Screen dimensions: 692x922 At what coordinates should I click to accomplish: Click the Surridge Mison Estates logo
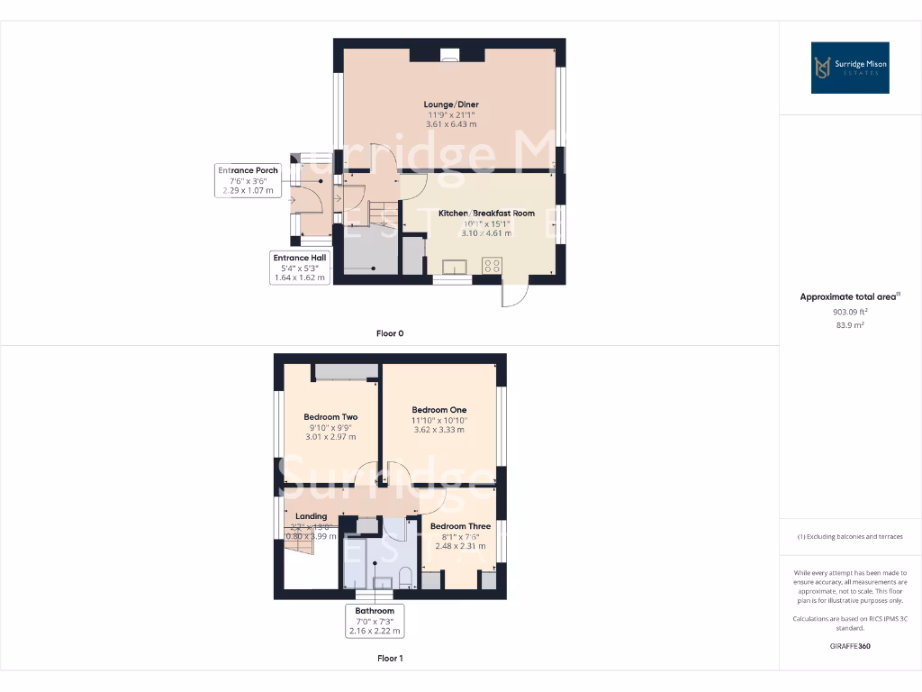pyautogui.click(x=850, y=68)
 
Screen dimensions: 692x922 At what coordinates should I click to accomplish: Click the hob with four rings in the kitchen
pyautogui.click(x=493, y=266)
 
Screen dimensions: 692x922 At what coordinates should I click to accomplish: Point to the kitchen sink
pyautogui.click(x=454, y=267)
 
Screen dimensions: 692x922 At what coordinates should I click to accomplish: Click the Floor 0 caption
pyautogui.click(x=390, y=333)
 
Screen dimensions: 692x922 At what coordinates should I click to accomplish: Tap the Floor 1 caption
pyautogui.click(x=390, y=659)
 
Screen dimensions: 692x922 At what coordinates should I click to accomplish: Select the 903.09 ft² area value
pyautogui.click(x=850, y=311)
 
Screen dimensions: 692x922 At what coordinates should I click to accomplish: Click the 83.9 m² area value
pyautogui.click(x=850, y=324)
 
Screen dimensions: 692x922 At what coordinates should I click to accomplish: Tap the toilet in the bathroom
pyautogui.click(x=405, y=577)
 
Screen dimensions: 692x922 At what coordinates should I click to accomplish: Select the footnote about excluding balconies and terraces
pyautogui.click(x=850, y=536)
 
